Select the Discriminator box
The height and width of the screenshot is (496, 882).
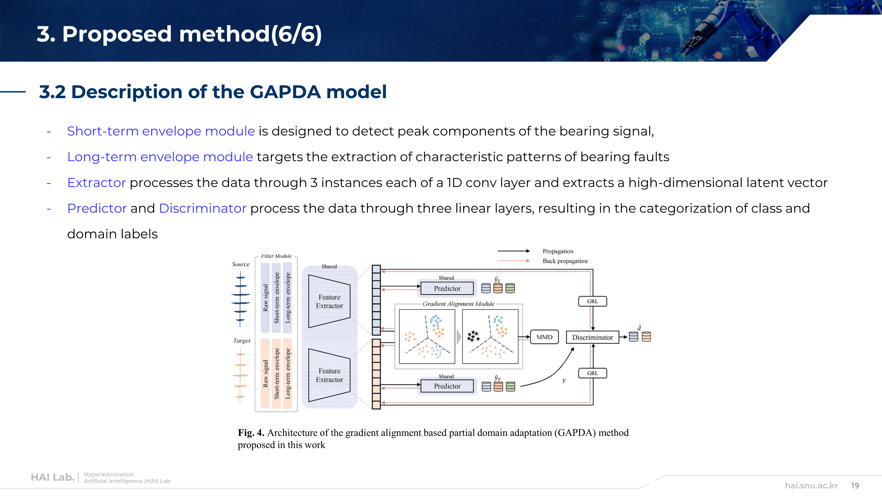pos(592,337)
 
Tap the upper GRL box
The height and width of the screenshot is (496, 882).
pos(592,301)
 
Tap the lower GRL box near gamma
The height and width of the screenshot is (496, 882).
pos(592,373)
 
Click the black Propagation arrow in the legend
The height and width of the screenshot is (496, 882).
pos(513,251)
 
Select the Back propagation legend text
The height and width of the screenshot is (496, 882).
pos(565,261)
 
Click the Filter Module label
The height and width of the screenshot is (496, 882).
pos(276,256)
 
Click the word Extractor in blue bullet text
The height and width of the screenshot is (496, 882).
pos(97,183)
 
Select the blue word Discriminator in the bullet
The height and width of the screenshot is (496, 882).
pos(203,208)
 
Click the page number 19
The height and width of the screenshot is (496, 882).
pos(855,485)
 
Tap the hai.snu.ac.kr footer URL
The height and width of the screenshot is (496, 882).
pos(811,485)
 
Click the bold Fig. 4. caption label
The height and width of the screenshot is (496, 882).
pos(251,433)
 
